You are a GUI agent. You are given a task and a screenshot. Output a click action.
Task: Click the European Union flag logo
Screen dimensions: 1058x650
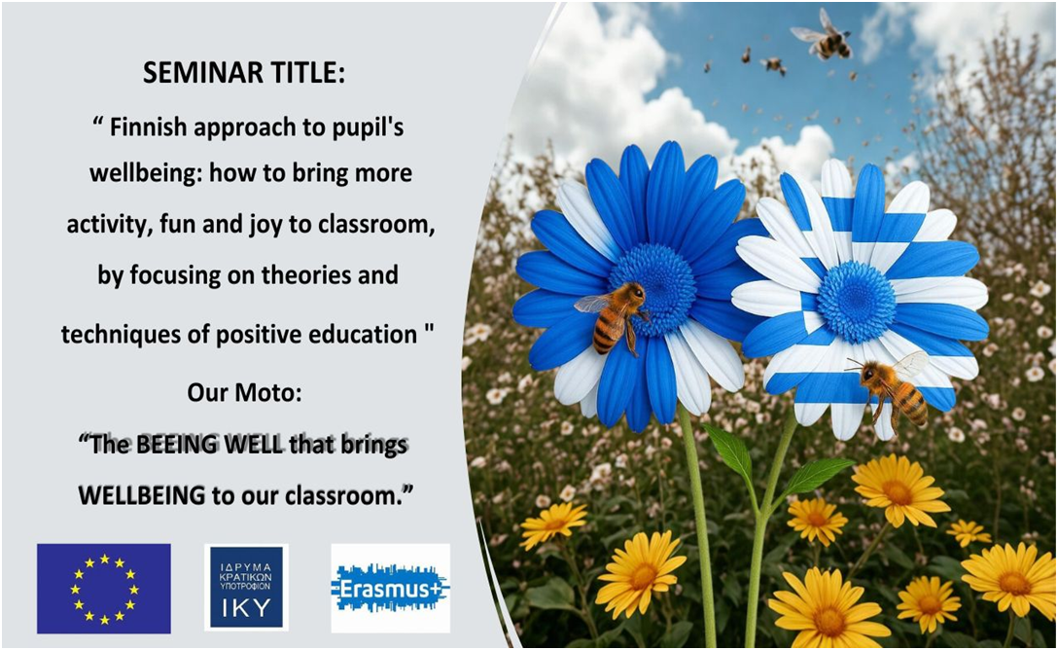click(x=104, y=589)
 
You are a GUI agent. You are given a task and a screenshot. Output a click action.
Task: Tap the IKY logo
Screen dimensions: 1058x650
click(x=246, y=588)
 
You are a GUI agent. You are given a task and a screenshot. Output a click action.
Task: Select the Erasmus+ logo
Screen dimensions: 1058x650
click(x=391, y=589)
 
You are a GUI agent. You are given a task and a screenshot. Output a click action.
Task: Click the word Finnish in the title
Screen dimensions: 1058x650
click(x=148, y=126)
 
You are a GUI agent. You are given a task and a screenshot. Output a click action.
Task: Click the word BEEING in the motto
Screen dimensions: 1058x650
click(x=176, y=445)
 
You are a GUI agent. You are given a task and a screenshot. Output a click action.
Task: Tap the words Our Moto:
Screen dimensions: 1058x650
click(x=244, y=392)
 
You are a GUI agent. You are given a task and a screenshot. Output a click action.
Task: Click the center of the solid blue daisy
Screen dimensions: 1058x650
click(x=652, y=289)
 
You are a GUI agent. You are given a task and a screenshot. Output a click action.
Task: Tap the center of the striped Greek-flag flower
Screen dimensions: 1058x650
click(x=857, y=301)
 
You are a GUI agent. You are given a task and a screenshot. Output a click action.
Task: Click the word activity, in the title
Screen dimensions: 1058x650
click(x=109, y=226)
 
